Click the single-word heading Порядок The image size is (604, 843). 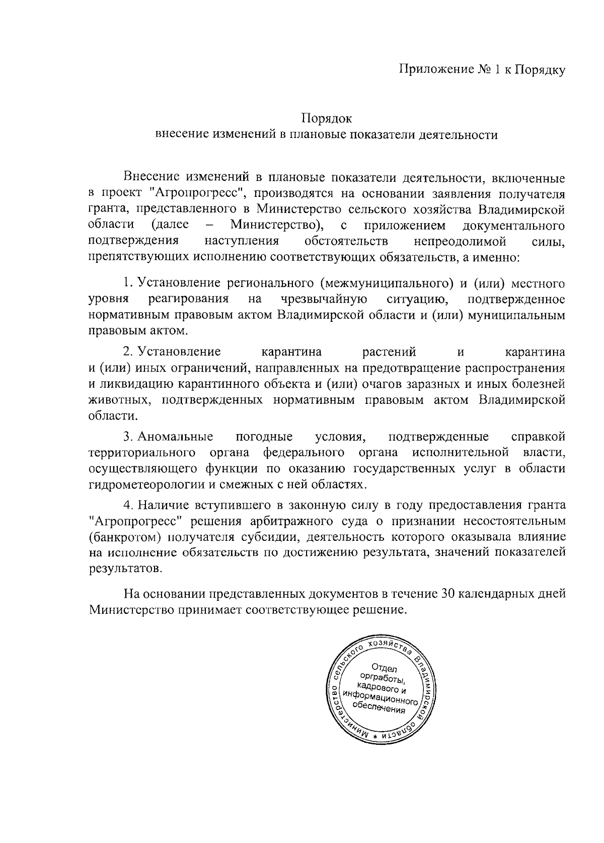click(x=327, y=119)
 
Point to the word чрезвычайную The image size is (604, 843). click(x=324, y=299)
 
